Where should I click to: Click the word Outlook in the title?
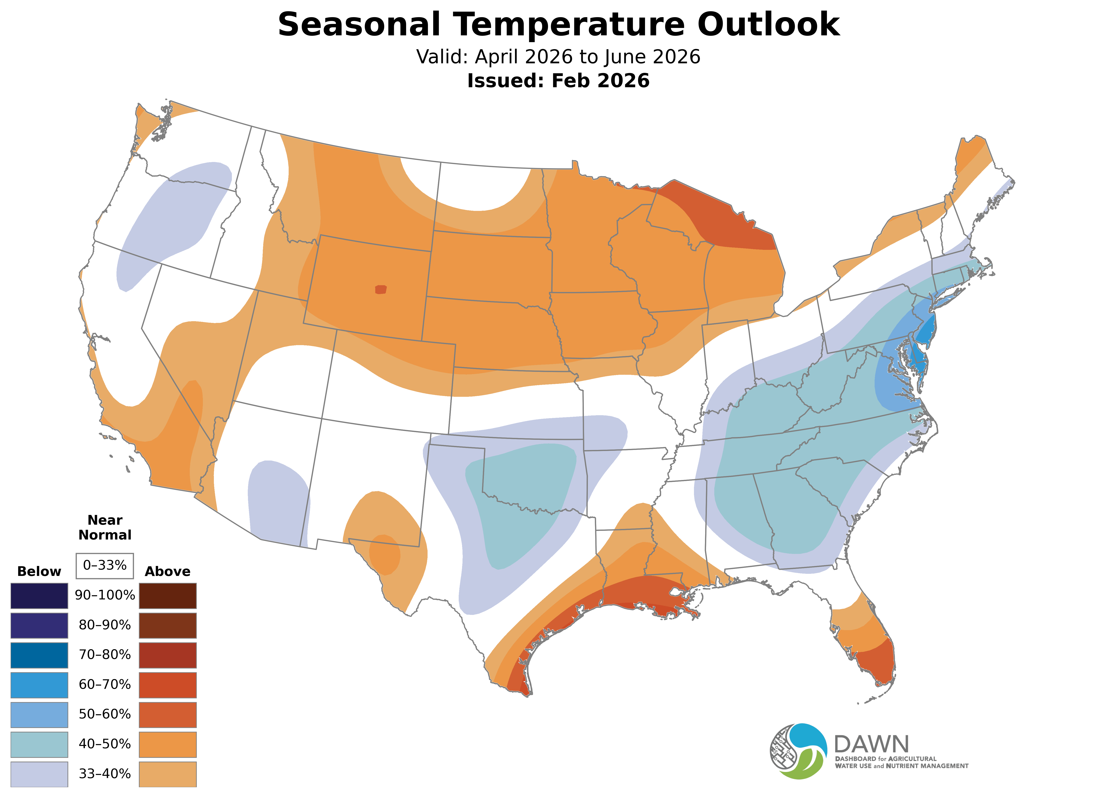(x=768, y=25)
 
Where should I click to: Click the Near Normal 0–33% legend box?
(x=105, y=565)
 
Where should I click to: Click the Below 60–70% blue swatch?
(x=39, y=685)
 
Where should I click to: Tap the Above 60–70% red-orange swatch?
(x=168, y=685)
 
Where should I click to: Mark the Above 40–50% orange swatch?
(x=168, y=744)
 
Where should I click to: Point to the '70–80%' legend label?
(x=105, y=655)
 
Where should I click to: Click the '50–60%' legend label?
(x=105, y=714)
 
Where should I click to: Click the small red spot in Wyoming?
(x=381, y=289)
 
